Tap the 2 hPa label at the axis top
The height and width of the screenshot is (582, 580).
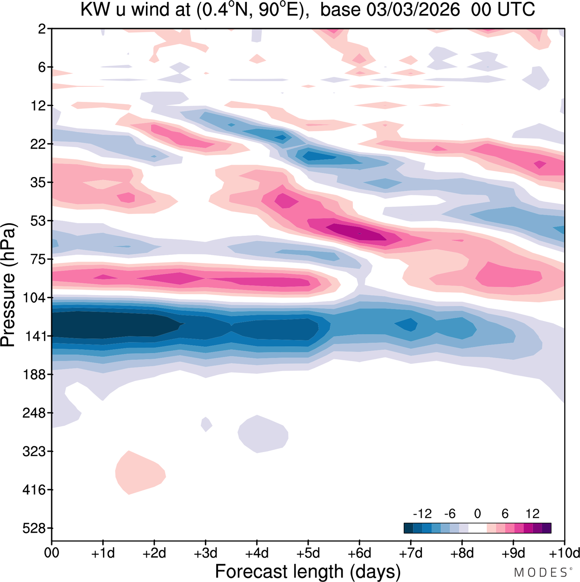click(x=42, y=29)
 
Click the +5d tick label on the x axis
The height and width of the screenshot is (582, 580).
click(x=308, y=553)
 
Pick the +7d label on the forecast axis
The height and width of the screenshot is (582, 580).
click(x=411, y=553)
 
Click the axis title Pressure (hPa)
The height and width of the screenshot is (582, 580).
click(x=8, y=285)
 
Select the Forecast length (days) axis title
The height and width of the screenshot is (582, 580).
click(x=308, y=571)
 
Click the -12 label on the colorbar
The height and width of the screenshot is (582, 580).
click(x=422, y=514)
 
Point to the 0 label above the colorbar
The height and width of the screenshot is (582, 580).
click(x=477, y=514)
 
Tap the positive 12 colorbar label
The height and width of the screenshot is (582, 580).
click(x=532, y=514)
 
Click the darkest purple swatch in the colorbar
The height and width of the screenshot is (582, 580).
click(x=546, y=528)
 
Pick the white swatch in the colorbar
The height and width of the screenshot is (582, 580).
click(x=477, y=528)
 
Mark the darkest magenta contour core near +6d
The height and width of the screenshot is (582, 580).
click(x=358, y=232)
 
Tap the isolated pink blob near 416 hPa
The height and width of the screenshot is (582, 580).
click(x=140, y=473)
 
